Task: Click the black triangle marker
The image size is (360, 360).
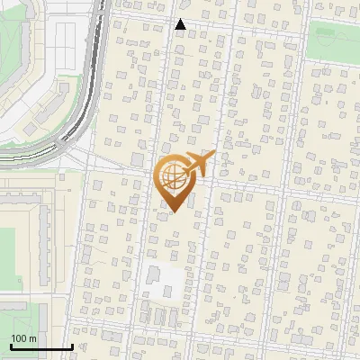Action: coord(181,24)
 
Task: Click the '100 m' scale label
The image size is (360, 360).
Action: coord(23,337)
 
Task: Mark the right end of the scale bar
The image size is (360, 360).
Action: coord(72,346)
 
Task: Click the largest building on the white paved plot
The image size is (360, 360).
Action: coord(154,274)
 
